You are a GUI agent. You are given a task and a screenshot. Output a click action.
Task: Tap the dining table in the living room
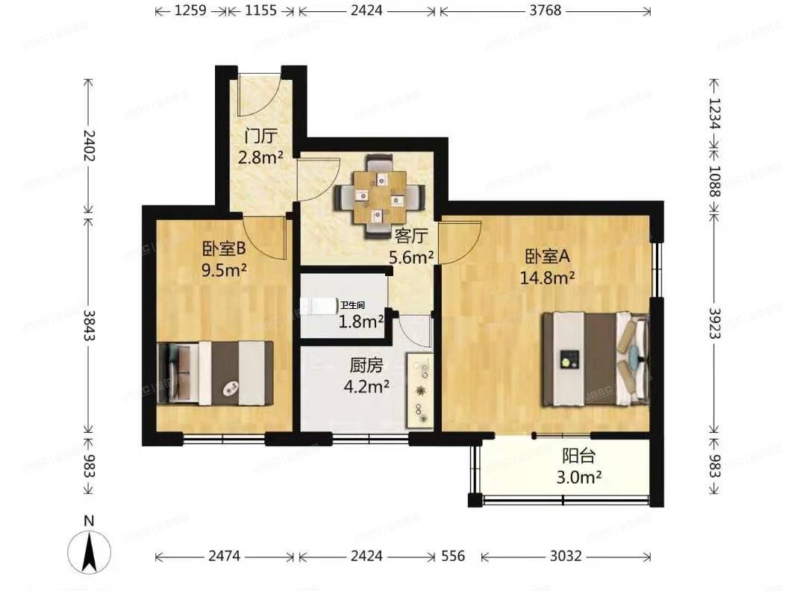[379, 197]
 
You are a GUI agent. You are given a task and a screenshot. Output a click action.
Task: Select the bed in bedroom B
[216, 373]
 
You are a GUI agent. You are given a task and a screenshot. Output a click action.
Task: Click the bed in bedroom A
[596, 359]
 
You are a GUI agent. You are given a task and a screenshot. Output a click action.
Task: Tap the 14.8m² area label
[547, 278]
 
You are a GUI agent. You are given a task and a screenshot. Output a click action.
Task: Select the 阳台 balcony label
[579, 455]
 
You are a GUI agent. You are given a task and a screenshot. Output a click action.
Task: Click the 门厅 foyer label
[261, 137]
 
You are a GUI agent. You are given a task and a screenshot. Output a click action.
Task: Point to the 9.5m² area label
[224, 270]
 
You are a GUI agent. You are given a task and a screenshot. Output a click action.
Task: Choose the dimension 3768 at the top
[546, 10]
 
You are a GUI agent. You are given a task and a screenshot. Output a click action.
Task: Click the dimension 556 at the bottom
[453, 556]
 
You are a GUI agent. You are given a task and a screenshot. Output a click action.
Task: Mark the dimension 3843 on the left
[89, 325]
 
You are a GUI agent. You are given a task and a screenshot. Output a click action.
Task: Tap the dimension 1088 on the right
[714, 181]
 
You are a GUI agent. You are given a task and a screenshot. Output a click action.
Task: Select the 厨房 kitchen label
[366, 366]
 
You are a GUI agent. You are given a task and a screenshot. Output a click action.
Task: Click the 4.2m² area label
[366, 387]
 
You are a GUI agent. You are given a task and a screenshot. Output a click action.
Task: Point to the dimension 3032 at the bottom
[566, 556]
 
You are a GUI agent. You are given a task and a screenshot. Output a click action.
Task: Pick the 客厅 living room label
[410, 236]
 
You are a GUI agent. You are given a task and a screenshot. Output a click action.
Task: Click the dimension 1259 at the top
[190, 10]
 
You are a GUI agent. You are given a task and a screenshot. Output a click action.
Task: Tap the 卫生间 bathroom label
[352, 305]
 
